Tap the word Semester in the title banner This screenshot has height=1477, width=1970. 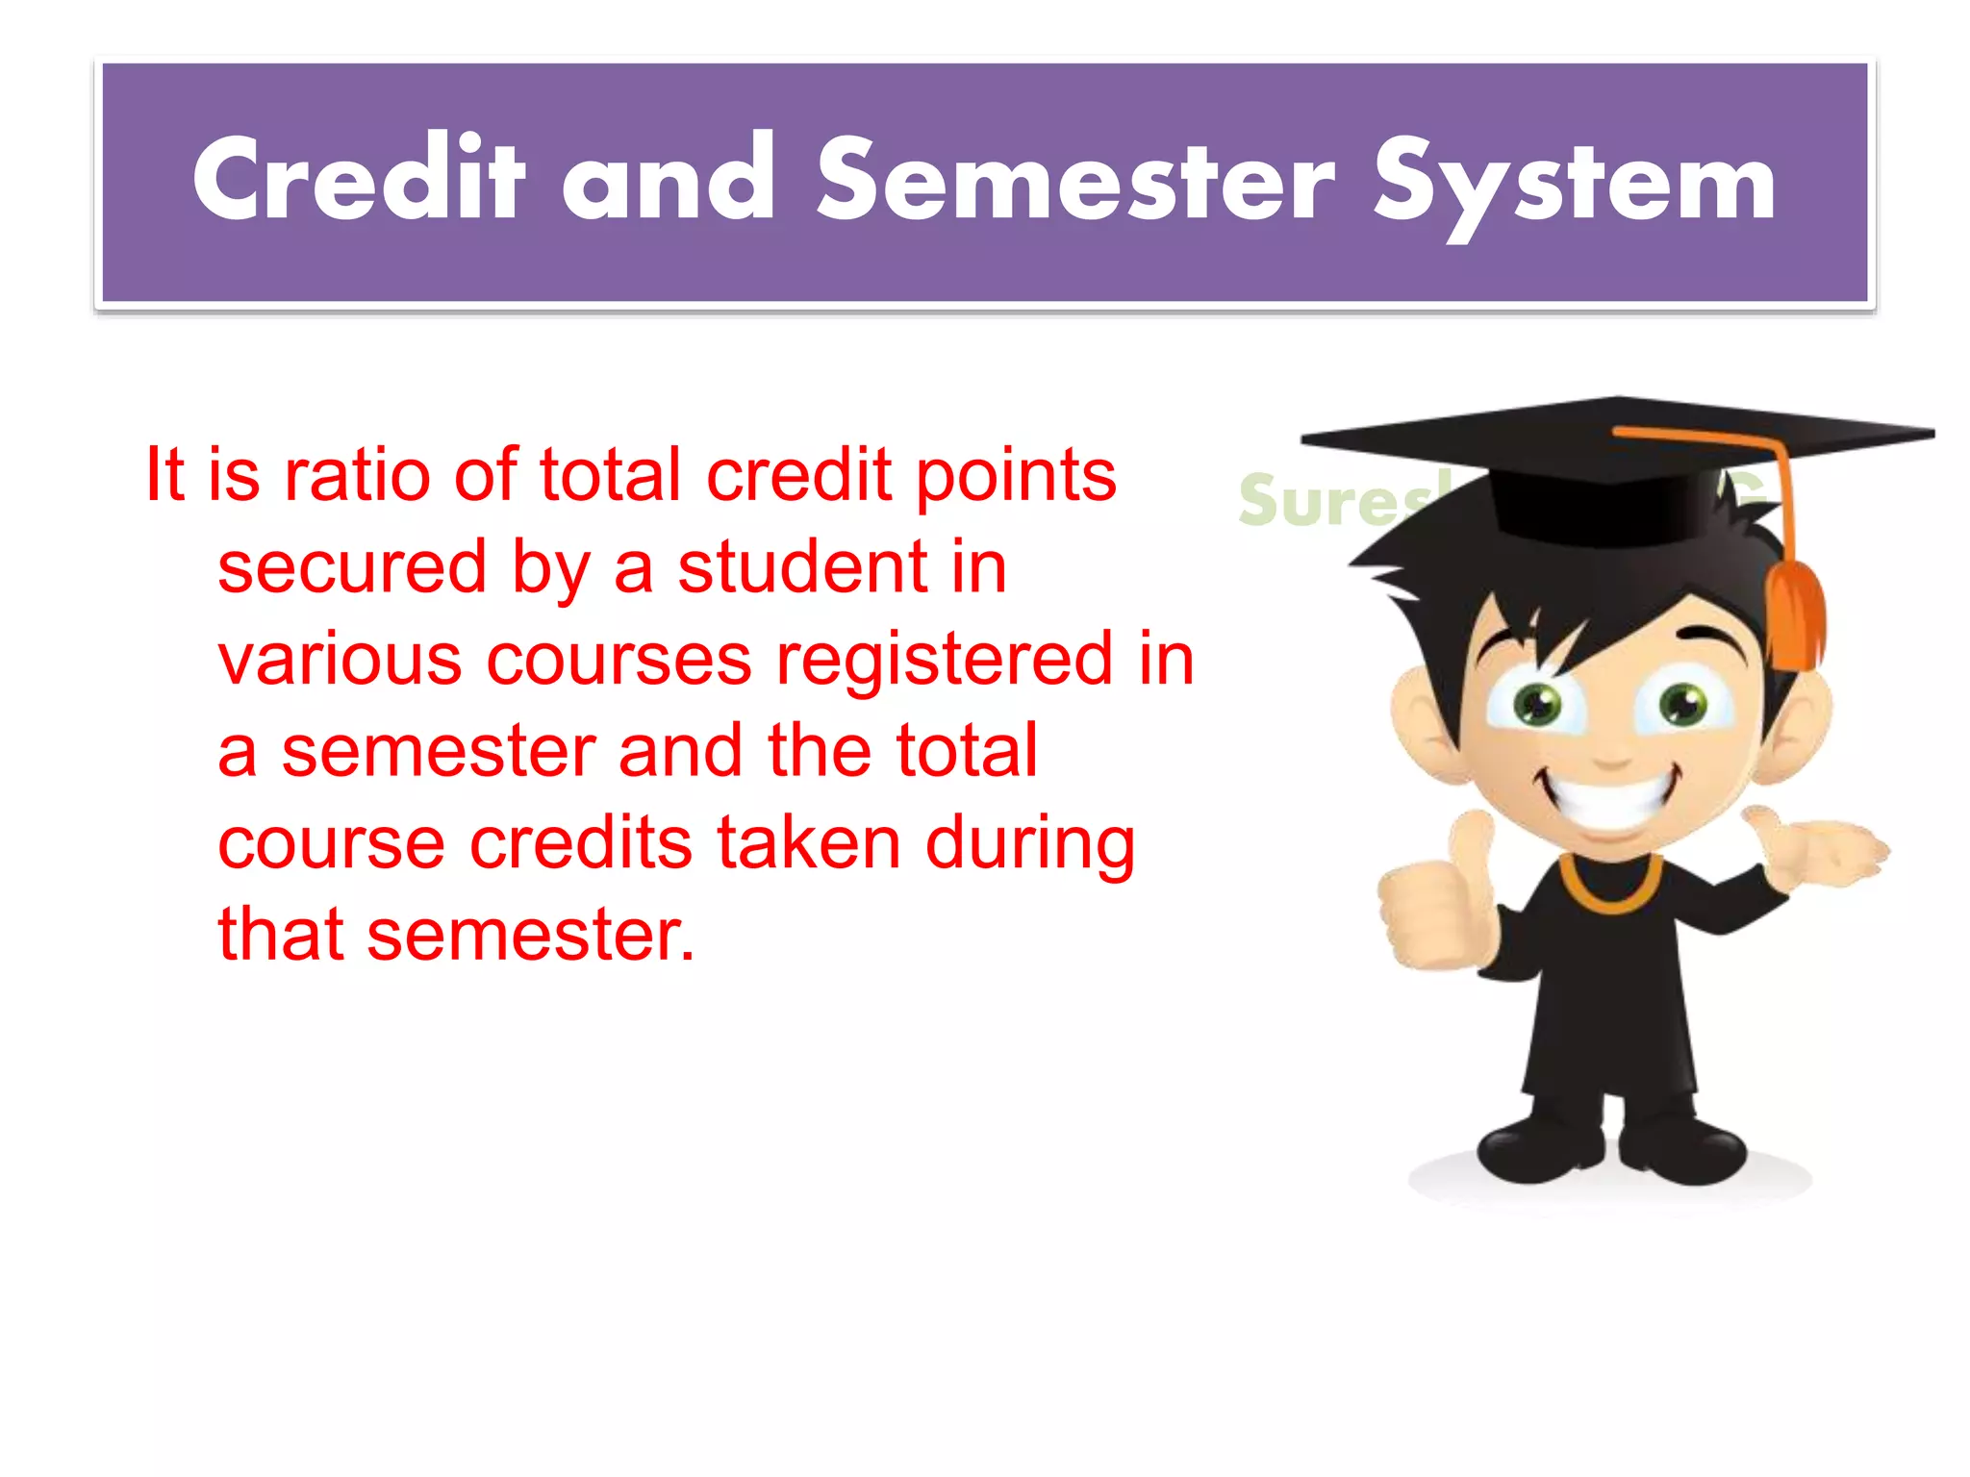pyautogui.click(x=1076, y=179)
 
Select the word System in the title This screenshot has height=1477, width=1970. pyautogui.click(x=1575, y=183)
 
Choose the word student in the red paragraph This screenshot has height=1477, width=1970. pyautogui.click(x=802, y=567)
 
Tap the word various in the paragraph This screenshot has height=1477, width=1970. pyautogui.click(x=340, y=660)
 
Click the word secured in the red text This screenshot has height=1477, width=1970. pyautogui.click(x=352, y=567)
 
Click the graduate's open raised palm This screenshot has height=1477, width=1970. pyautogui.click(x=1818, y=851)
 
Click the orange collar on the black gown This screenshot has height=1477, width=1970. pyautogui.click(x=1610, y=885)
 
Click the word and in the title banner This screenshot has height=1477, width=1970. pyautogui.click(x=669, y=179)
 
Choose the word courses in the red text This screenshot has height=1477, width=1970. pyautogui.click(x=619, y=660)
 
